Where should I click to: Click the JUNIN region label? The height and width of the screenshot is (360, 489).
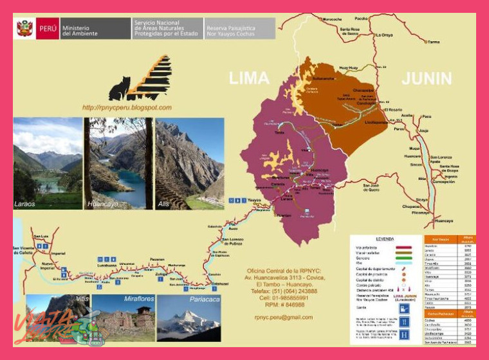pos(427,78)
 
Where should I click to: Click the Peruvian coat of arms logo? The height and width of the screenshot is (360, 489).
pos(25,29)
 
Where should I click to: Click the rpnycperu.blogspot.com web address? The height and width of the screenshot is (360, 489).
pos(127,107)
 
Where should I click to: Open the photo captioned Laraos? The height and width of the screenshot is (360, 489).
pos(48,163)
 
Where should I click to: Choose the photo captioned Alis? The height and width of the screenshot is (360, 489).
pos(189,163)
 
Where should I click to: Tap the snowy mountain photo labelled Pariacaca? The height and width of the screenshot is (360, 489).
pos(189,318)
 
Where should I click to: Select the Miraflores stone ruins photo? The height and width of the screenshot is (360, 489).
pos(124,318)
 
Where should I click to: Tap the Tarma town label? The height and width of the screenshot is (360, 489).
pos(434,42)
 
